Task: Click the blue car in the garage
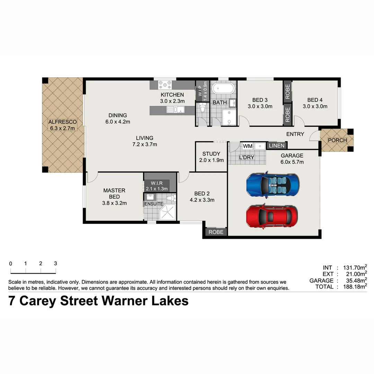pyautogui.click(x=272, y=184)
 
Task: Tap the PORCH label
pyautogui.click(x=337, y=140)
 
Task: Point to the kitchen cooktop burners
pyautogui.click(x=165, y=85)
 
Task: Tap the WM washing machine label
pyautogui.click(x=248, y=146)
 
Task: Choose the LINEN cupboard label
pyautogui.click(x=276, y=146)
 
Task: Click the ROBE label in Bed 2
pyautogui.click(x=216, y=232)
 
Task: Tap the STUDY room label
pyautogui.click(x=211, y=154)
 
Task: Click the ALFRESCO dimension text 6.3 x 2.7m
pyautogui.click(x=62, y=128)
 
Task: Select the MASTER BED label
pyautogui.click(x=114, y=194)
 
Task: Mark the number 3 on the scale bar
pyautogui.click(x=55, y=263)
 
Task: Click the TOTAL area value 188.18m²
pyautogui.click(x=353, y=287)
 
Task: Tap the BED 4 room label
pyautogui.click(x=315, y=100)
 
